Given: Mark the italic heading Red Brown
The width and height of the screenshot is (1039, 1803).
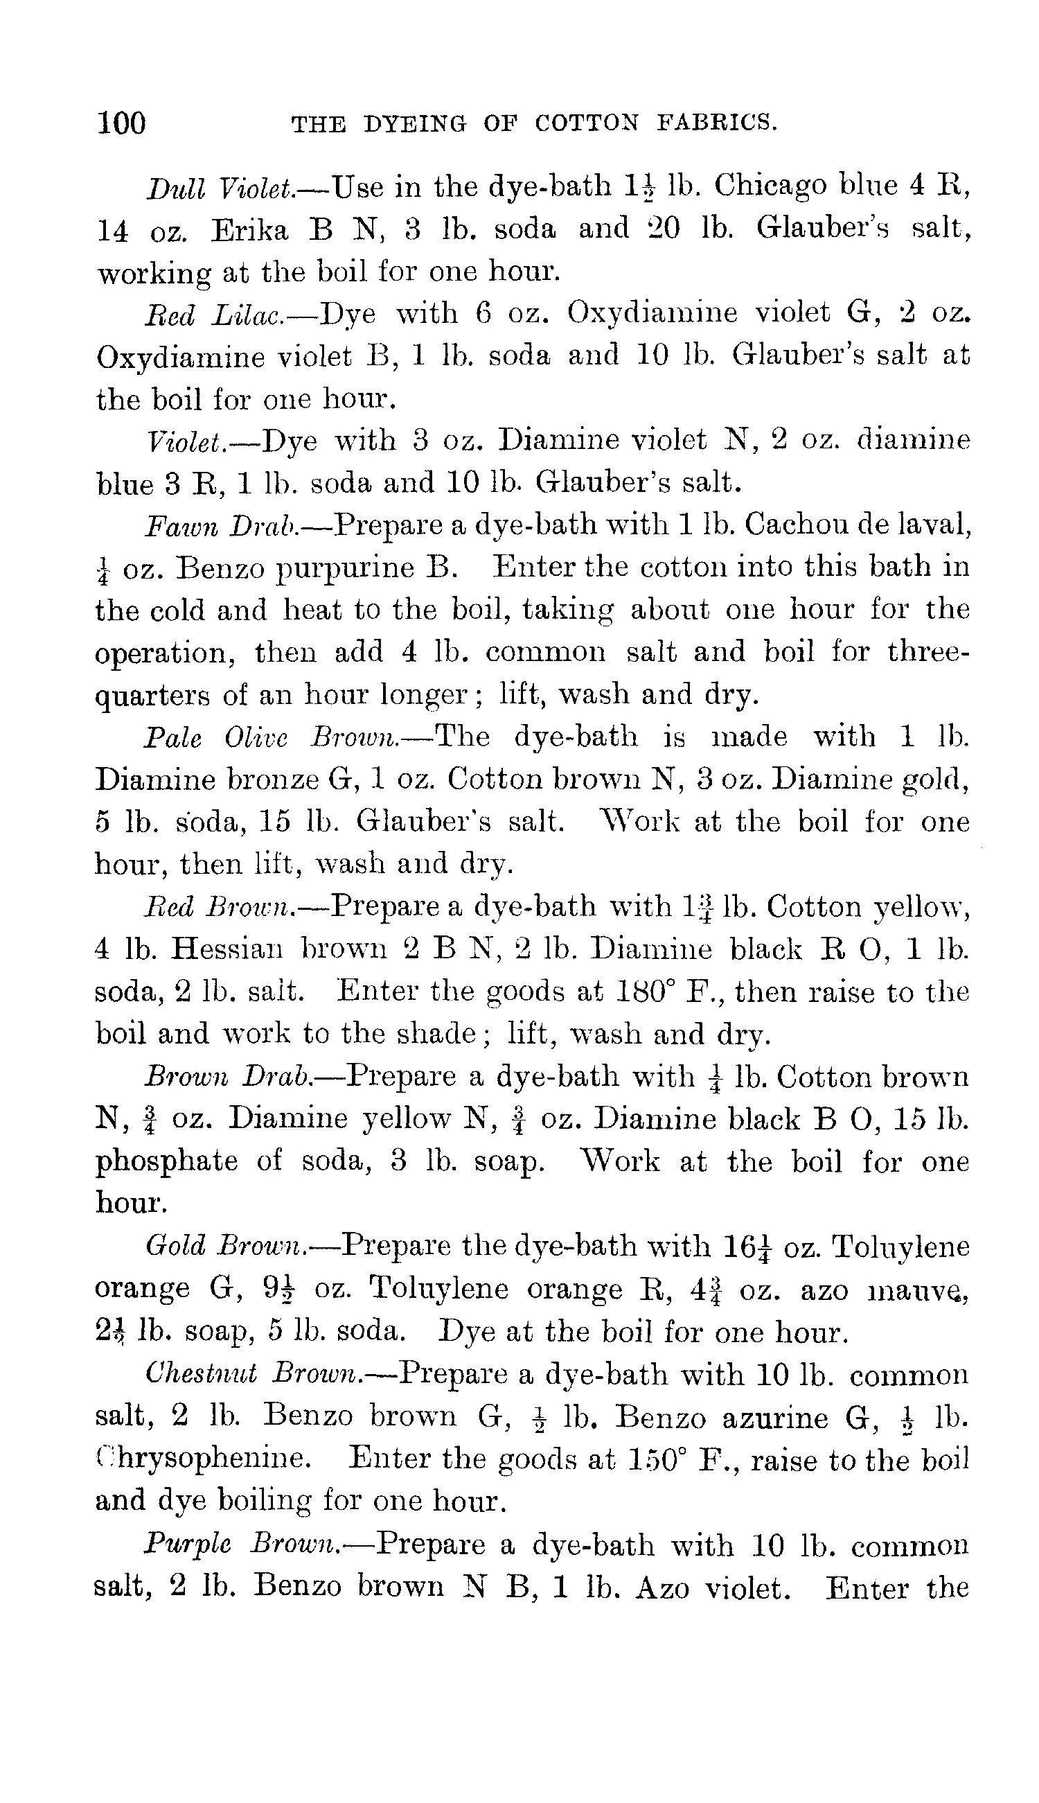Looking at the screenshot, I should click(217, 907).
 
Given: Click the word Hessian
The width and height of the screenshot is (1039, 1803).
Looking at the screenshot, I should click(229, 949).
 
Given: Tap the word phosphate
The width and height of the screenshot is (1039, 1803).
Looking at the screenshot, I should click(166, 1161).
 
